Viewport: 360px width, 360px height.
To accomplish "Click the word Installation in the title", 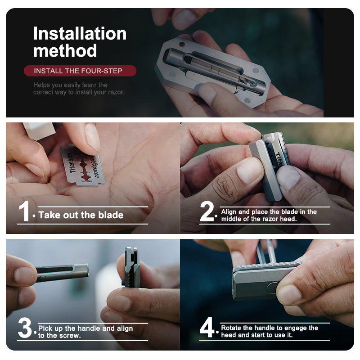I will tap(80, 34).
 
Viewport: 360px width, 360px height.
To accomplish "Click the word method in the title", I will tap(65, 51).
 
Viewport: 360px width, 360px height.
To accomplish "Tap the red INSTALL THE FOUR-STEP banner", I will tap(79, 71).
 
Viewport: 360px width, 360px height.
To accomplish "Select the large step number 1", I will tap(24, 212).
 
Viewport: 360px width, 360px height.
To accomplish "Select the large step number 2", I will tap(207, 212).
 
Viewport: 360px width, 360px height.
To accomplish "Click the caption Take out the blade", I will tap(81, 215).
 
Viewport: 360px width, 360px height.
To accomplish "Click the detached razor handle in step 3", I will tap(61, 273).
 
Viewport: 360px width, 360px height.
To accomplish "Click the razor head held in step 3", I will tap(131, 267).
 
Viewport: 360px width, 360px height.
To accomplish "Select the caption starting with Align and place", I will tap(269, 215).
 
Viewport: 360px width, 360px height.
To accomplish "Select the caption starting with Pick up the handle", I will tap(85, 332).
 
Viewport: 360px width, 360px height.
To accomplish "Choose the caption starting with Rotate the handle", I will tap(269, 331).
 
